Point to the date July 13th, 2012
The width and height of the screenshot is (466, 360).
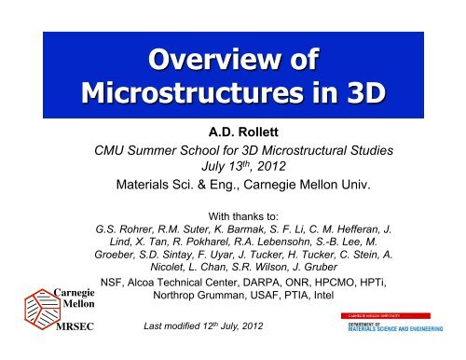249,187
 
